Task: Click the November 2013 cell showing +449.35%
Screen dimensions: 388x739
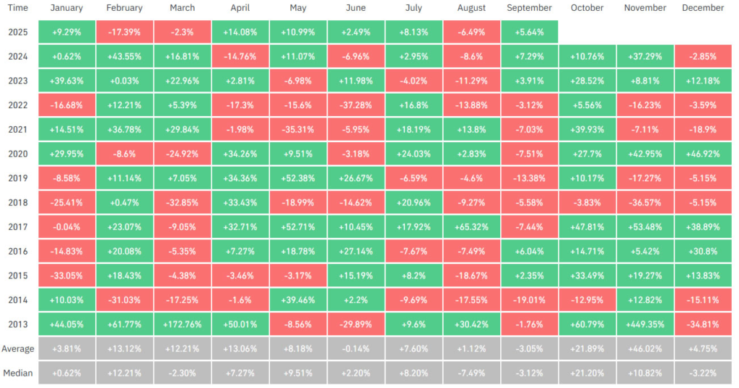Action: (x=645, y=324)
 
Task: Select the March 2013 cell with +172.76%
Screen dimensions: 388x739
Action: (x=183, y=324)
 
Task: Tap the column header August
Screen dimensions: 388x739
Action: (x=471, y=8)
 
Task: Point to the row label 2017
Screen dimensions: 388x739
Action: (x=18, y=226)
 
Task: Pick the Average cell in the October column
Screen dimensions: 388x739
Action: (x=587, y=348)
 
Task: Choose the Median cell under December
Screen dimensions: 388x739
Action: (x=702, y=373)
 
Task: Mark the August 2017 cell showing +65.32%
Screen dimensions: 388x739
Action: (x=471, y=226)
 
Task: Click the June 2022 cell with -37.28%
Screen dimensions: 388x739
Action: (x=356, y=105)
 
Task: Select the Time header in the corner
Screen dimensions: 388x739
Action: (x=18, y=8)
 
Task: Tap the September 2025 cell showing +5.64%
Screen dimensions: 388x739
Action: (x=529, y=32)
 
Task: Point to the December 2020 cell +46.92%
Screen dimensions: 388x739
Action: (x=702, y=154)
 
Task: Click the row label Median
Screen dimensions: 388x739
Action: (x=18, y=373)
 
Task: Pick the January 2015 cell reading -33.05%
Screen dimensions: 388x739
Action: (x=67, y=275)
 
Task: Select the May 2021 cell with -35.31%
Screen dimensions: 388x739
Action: (x=298, y=129)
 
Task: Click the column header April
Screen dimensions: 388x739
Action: (x=240, y=8)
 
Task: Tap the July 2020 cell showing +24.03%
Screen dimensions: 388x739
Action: (x=414, y=154)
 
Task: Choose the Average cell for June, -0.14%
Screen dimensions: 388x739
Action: (x=356, y=348)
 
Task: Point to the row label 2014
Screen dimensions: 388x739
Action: (x=18, y=299)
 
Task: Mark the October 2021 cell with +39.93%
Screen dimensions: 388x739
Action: (x=587, y=129)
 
